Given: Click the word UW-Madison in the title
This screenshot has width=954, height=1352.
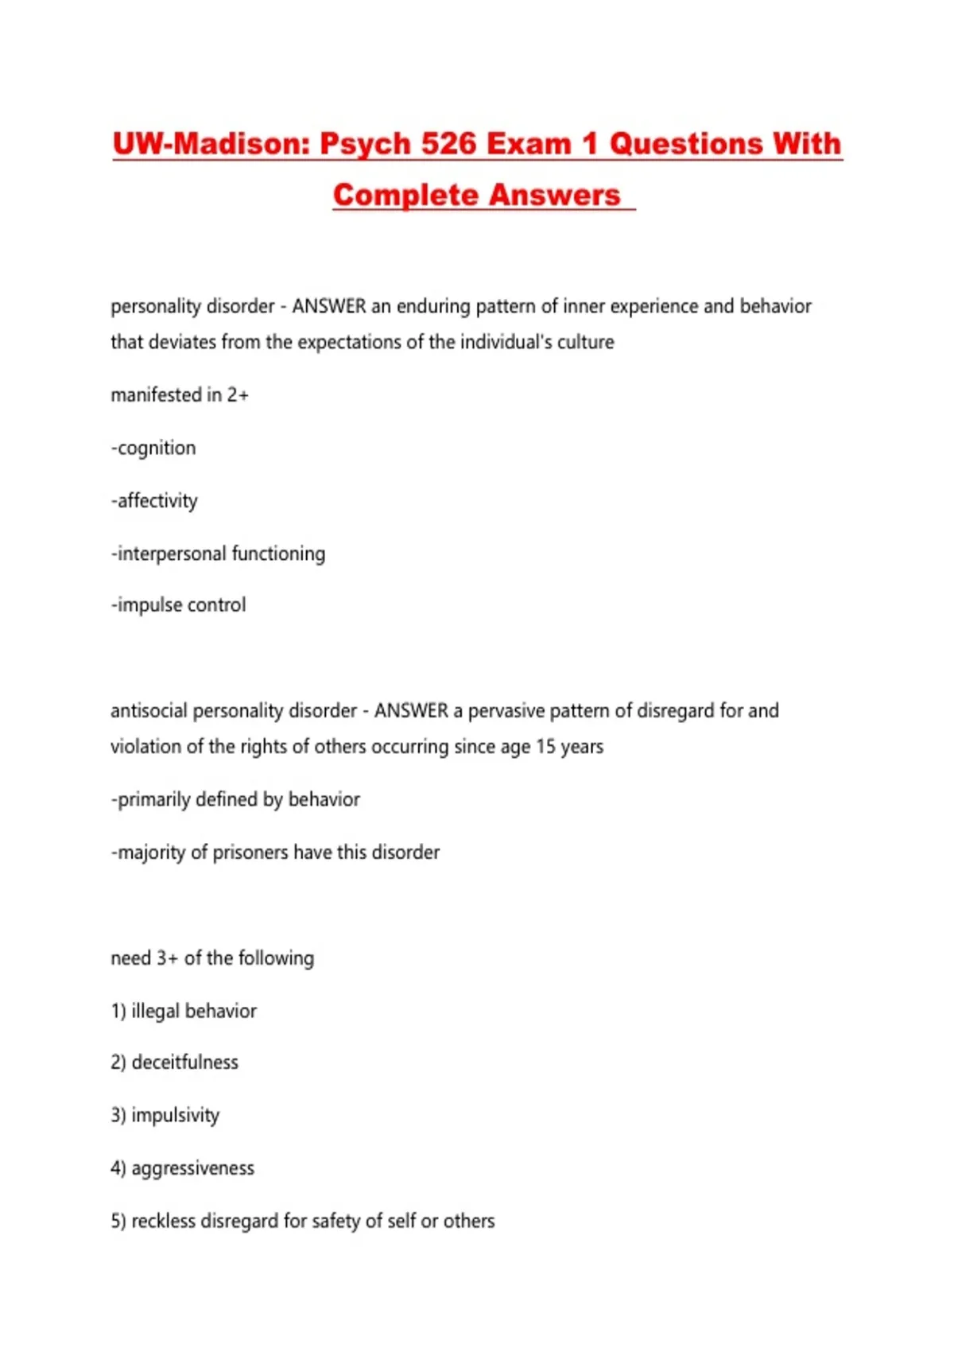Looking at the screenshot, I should click(210, 144).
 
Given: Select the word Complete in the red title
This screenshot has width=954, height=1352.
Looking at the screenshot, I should click(405, 196).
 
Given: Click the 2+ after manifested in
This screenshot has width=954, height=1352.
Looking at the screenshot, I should click(238, 395).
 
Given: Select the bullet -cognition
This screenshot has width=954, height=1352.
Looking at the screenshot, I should click(153, 449).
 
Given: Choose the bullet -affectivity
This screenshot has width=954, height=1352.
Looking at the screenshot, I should click(154, 501).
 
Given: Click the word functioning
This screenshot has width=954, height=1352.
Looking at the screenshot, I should click(278, 554).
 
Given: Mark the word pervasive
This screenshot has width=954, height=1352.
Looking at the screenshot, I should click(505, 711).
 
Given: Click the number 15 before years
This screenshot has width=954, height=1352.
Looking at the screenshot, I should click(545, 747).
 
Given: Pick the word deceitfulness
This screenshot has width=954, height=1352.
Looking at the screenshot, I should click(184, 1063).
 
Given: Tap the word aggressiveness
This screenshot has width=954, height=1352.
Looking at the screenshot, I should click(192, 1169).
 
